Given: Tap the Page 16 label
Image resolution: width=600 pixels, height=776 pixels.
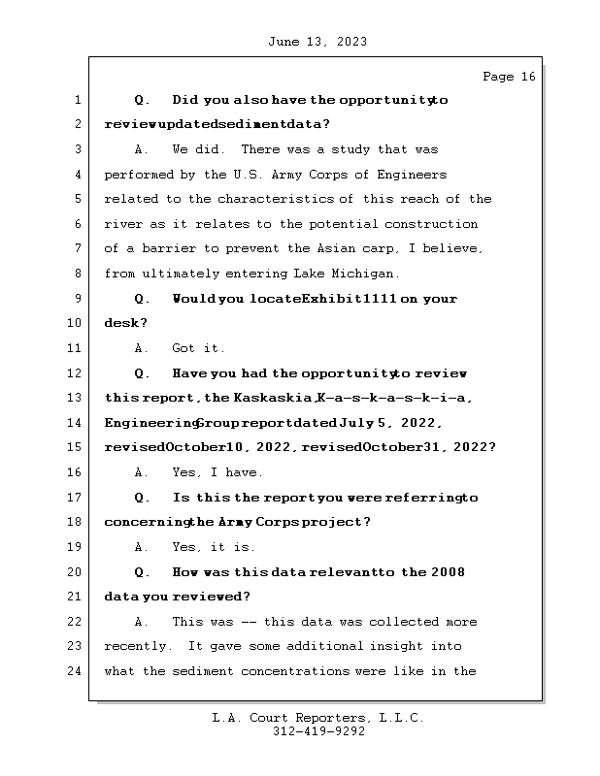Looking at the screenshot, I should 508,77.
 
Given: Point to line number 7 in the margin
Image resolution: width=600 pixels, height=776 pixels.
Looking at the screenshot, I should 78,249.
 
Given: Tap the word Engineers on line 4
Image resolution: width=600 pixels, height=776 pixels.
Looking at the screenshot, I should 411,175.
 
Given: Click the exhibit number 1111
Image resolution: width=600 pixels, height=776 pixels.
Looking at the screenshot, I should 376,299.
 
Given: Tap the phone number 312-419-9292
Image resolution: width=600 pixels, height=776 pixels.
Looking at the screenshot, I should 319,732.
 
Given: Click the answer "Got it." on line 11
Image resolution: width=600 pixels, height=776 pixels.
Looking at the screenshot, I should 198,348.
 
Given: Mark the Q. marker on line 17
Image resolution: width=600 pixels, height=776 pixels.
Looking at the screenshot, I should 142,498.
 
